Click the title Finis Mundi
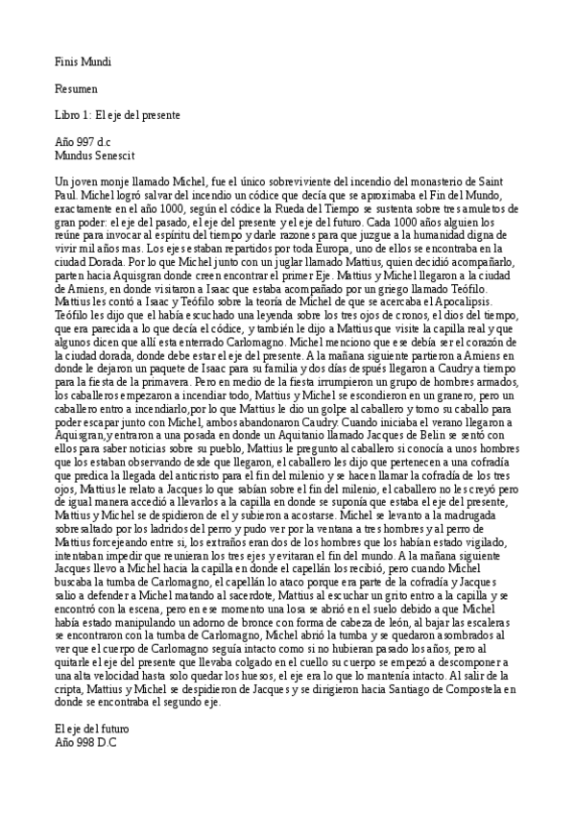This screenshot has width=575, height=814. coord(84,62)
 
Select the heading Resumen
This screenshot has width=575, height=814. coord(77,88)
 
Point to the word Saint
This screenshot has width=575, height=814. coord(498,181)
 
